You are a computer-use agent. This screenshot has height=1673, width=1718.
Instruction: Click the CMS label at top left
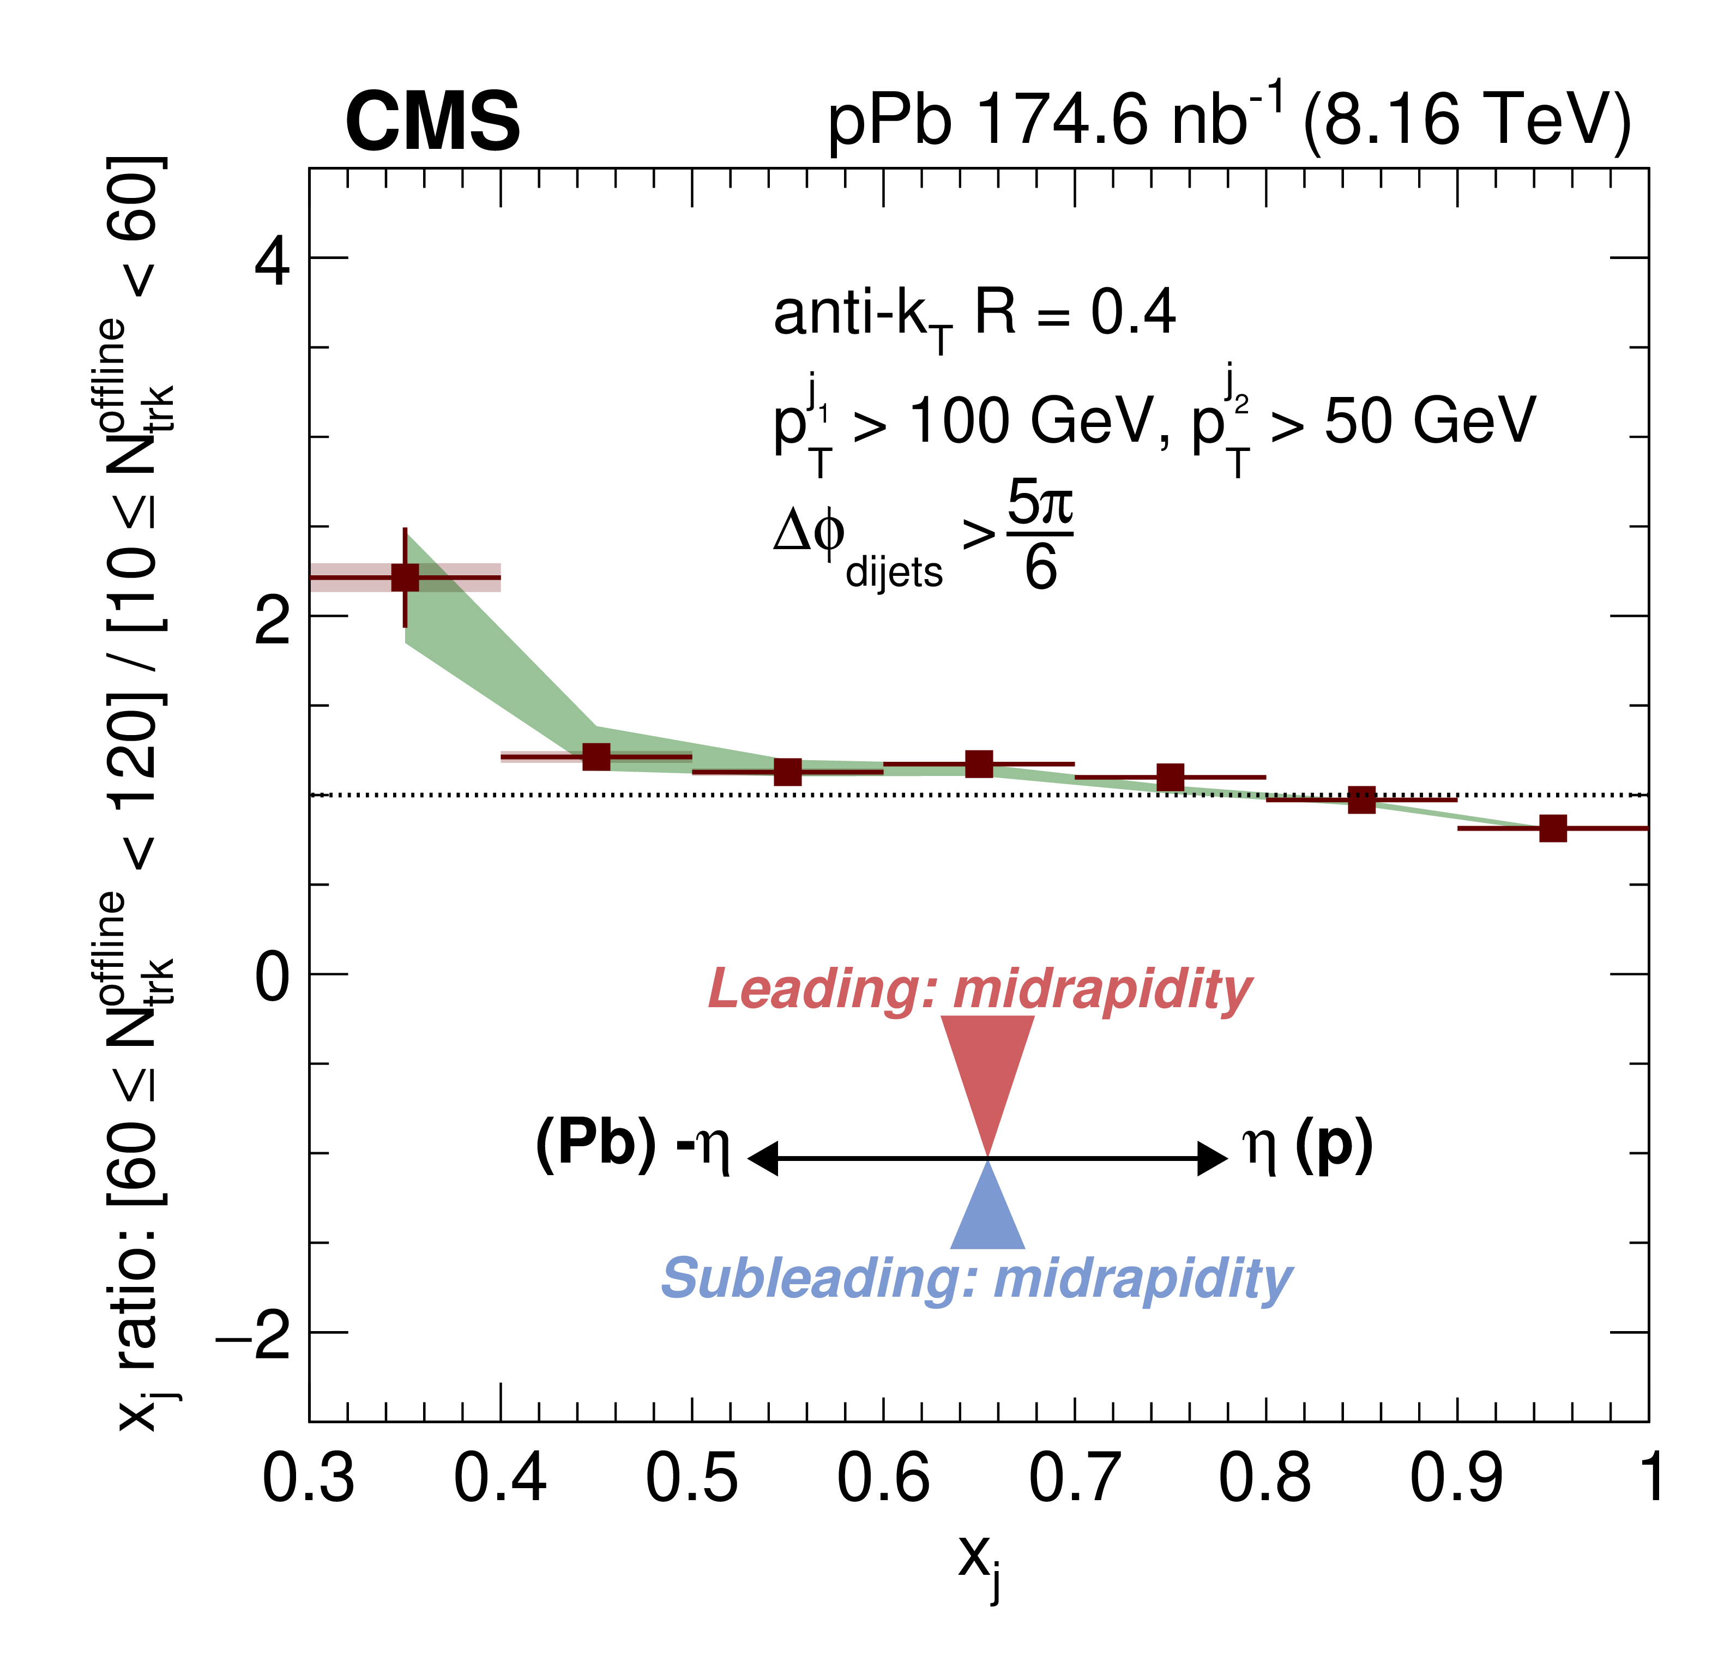coord(433,122)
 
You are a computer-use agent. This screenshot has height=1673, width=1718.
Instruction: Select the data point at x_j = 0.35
coord(405,577)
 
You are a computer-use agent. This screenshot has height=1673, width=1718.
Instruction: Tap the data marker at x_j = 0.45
coord(596,756)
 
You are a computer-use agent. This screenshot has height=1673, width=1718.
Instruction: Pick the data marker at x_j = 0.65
coord(979,763)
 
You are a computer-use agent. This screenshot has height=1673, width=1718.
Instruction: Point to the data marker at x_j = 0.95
coord(1553,828)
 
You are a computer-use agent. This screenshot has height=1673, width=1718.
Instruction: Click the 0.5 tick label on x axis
coord(691,1477)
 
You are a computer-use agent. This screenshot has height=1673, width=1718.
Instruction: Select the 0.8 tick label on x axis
coord(1265,1477)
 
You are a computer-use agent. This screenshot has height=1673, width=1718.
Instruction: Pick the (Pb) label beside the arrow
coord(595,1144)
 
